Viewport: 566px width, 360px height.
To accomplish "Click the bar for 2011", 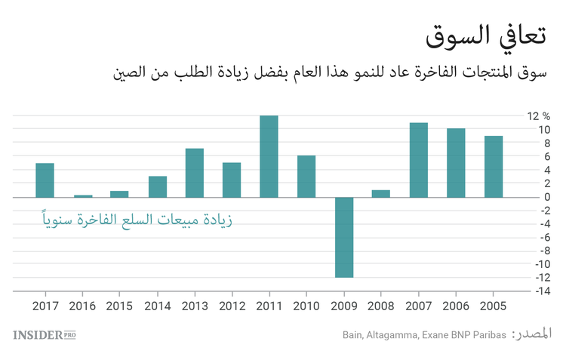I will (x=269, y=156).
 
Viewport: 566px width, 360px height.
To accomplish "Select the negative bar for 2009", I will (x=343, y=237).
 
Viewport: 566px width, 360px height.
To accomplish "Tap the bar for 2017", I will (x=45, y=180).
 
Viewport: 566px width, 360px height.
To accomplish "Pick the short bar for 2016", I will (x=82, y=195).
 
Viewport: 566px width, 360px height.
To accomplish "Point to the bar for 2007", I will (x=418, y=160).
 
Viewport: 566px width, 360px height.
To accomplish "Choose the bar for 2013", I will (x=195, y=173).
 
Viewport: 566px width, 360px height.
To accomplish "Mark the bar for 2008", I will (x=381, y=193).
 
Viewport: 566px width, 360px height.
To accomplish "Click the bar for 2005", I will (x=494, y=167).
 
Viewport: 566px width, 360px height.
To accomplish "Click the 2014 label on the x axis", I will (x=157, y=306).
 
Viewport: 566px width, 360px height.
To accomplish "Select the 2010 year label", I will (x=306, y=306).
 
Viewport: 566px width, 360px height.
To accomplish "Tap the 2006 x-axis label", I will (x=456, y=306).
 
